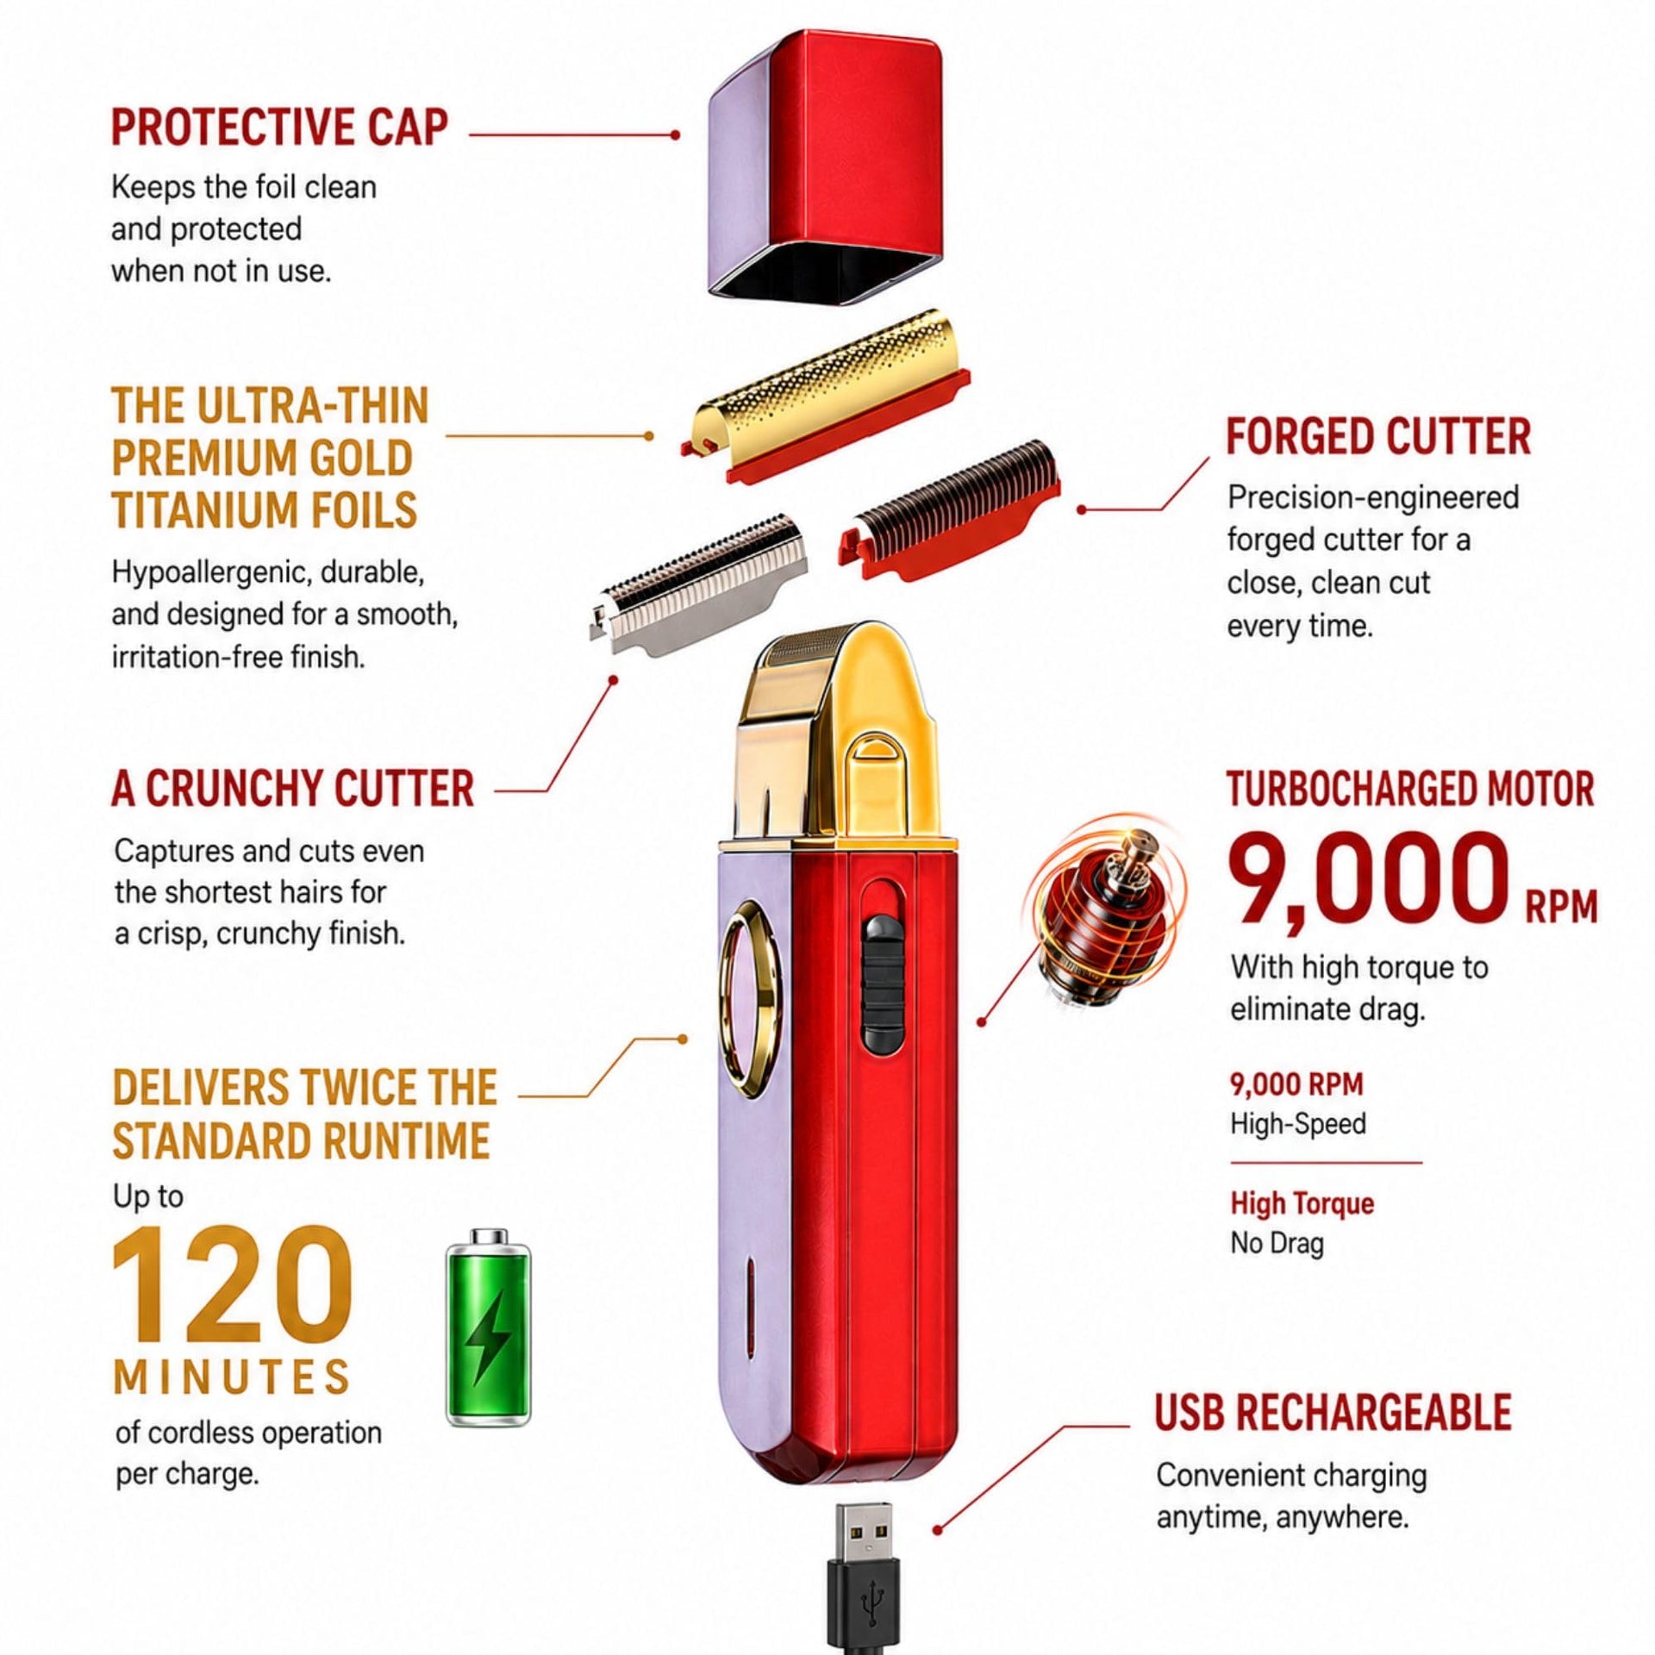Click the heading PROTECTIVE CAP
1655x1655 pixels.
pyautogui.click(x=280, y=128)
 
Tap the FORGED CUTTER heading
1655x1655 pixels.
pyautogui.click(x=1378, y=437)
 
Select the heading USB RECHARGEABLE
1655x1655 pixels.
pyautogui.click(x=1333, y=1412)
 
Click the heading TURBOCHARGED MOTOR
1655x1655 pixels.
pyautogui.click(x=1411, y=790)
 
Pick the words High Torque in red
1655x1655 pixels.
pyautogui.click(x=1302, y=1202)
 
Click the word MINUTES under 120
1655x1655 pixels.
pyautogui.click(x=232, y=1377)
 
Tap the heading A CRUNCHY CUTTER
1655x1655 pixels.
pyautogui.click(x=293, y=789)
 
